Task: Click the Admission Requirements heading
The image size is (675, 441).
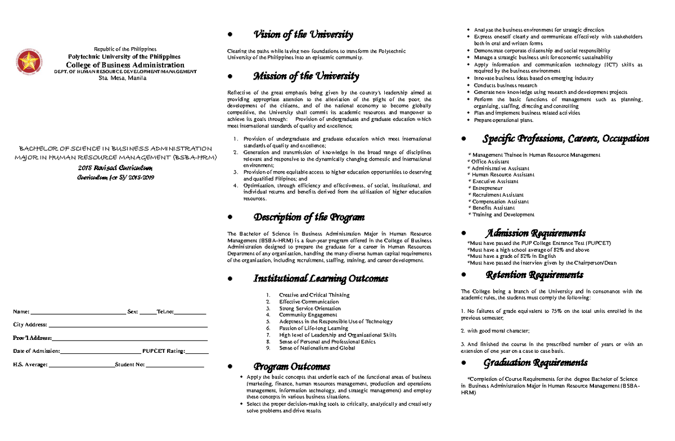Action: click(536, 233)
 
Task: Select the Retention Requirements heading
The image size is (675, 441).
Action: click(534, 275)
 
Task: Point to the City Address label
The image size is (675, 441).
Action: click(30, 325)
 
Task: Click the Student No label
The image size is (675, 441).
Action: click(129, 365)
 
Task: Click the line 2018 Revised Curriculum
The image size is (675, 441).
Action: click(114, 168)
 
